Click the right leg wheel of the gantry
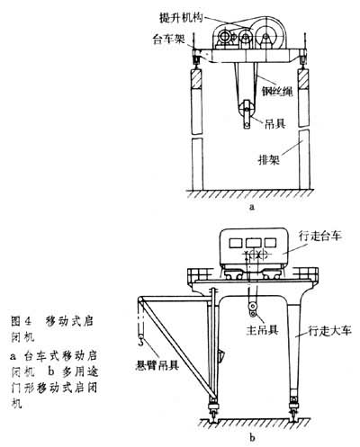pyautogui.click(x=295, y=416)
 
